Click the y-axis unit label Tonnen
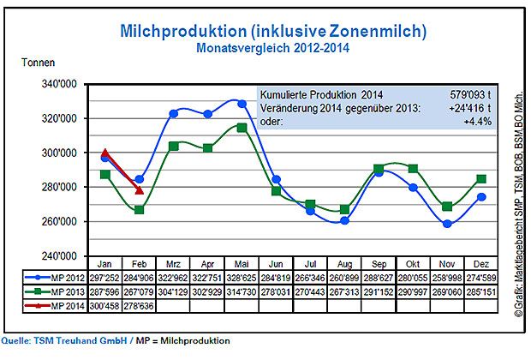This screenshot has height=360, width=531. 39,63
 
